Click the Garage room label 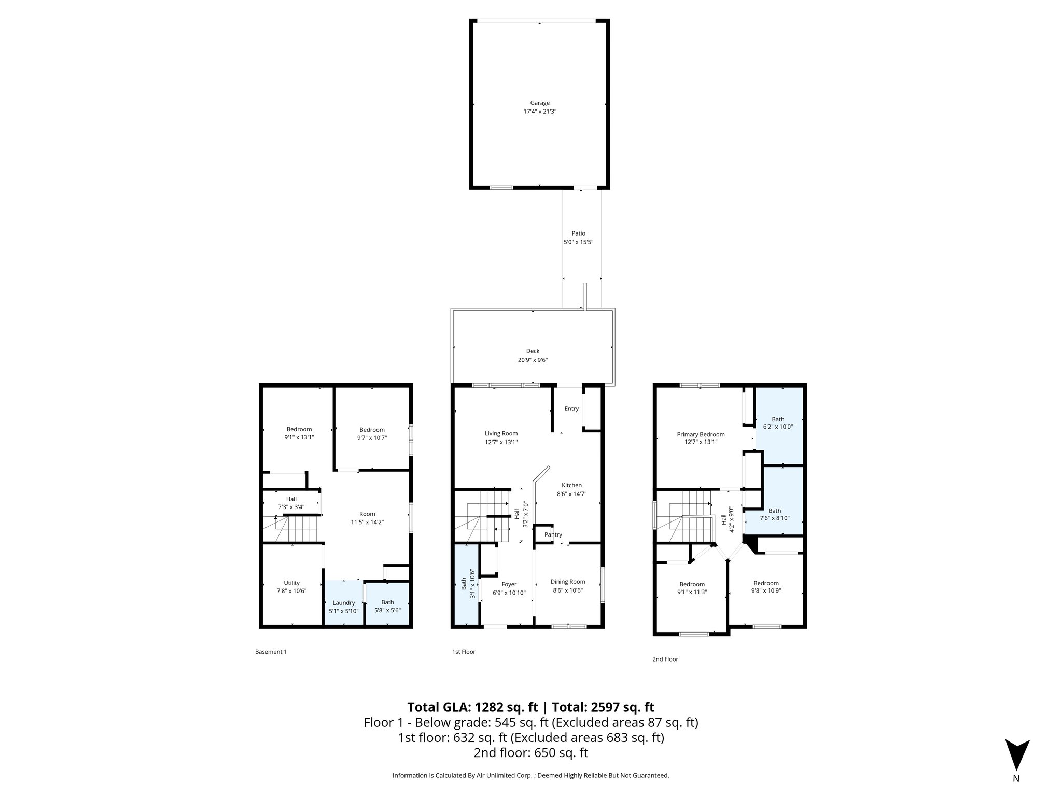(539, 103)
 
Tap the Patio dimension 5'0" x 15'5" (578, 242)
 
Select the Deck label (533, 351)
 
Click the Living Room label (501, 434)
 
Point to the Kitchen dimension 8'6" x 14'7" (571, 494)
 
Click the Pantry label (553, 535)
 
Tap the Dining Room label (568, 582)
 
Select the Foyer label (509, 584)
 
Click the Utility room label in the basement (291, 583)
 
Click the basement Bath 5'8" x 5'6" (387, 606)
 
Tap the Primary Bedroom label (701, 435)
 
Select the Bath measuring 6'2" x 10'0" (778, 423)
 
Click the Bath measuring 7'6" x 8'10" (775, 514)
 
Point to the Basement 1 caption (271, 652)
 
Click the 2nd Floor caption (665, 659)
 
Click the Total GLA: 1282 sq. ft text (473, 707)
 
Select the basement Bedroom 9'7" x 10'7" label (372, 430)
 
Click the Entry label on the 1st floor (571, 409)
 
